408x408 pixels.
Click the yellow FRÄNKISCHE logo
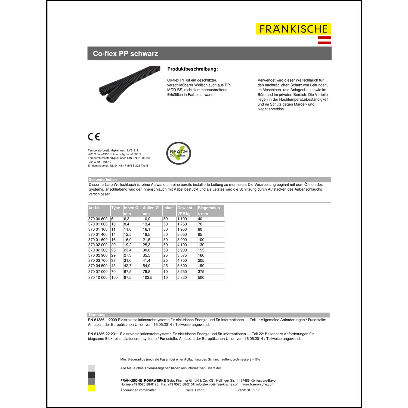pos(293,29)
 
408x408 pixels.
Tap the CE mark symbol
pos(94,137)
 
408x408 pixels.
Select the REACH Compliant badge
pos(178,153)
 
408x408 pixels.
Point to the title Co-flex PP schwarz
pos(125,54)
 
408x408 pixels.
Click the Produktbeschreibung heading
pos(193,69)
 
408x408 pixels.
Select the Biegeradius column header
pos(209,208)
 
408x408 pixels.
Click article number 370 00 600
pos(98,219)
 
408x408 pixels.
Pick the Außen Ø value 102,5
pos(147,277)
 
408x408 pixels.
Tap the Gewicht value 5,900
pos(182,250)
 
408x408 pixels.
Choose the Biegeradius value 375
pos(201,271)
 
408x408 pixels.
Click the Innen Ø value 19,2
pos(128,245)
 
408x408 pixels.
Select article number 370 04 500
pos(98,266)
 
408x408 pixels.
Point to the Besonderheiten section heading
pos(103,180)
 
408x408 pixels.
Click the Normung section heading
pos(97,315)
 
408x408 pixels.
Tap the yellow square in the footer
pos(92,388)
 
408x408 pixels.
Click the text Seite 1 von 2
pos(195,390)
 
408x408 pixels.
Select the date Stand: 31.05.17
pos(248,390)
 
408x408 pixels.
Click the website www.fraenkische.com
pos(258,384)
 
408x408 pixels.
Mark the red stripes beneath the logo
pos(324,40)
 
